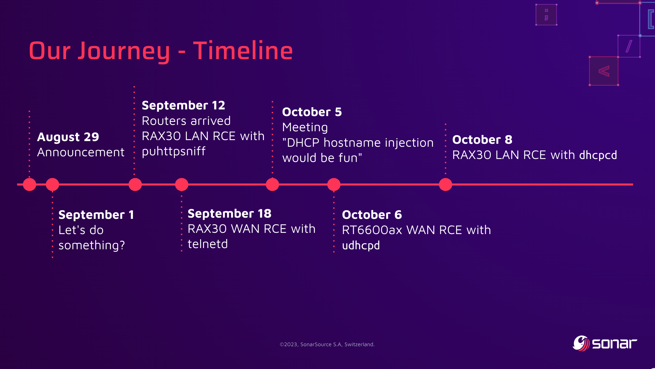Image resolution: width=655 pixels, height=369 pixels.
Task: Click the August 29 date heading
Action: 68,137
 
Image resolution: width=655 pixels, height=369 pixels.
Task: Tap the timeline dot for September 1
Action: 52,184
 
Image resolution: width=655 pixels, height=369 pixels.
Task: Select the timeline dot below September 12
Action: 135,184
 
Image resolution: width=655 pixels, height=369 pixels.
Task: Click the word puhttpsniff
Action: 174,151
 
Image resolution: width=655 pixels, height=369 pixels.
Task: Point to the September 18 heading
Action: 229,213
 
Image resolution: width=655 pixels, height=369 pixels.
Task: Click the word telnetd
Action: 207,244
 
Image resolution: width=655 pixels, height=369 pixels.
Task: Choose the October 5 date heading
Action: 312,112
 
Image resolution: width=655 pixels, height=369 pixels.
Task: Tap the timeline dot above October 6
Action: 334,184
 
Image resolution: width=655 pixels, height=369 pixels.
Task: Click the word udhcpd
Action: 361,246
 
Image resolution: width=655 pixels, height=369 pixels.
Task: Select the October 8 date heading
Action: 482,140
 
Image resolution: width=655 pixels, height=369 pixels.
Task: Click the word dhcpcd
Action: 598,155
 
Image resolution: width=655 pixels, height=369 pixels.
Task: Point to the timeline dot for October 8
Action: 446,184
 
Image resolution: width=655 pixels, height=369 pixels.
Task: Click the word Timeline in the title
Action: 243,51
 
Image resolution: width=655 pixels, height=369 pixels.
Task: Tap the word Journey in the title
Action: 123,52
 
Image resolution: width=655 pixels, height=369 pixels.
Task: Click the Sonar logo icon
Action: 581,343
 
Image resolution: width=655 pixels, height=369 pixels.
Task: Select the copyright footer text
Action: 327,344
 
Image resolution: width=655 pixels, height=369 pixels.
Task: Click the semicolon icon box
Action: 546,15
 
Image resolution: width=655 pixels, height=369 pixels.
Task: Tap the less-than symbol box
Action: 604,71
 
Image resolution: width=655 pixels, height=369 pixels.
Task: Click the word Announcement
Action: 81,152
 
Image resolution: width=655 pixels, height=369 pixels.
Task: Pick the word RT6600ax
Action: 372,230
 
